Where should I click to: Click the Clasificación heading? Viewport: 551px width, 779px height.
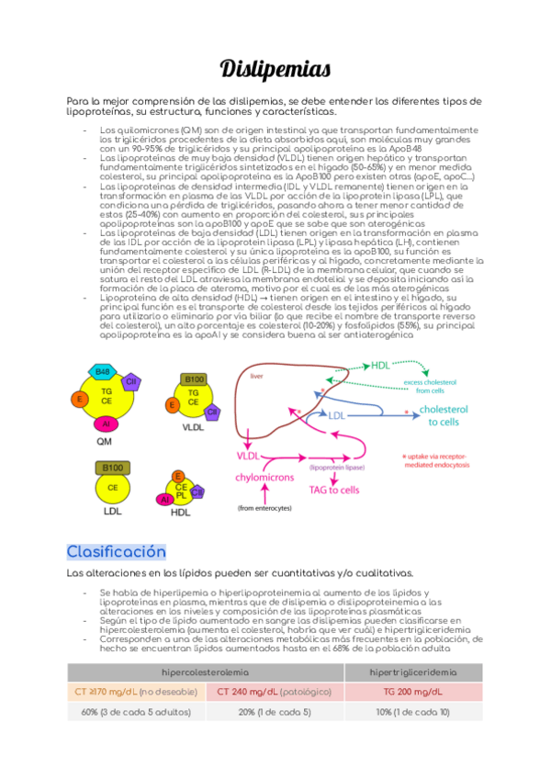116,551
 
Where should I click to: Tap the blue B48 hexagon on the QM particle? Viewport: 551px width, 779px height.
103,371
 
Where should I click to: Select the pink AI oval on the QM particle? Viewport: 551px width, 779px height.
107,423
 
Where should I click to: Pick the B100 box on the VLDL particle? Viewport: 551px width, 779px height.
195,378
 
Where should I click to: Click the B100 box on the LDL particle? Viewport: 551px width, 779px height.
113,468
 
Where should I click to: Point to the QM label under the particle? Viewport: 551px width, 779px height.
105,441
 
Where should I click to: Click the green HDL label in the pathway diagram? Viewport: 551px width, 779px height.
381,366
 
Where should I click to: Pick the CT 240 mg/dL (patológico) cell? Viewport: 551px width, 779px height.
275,692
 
